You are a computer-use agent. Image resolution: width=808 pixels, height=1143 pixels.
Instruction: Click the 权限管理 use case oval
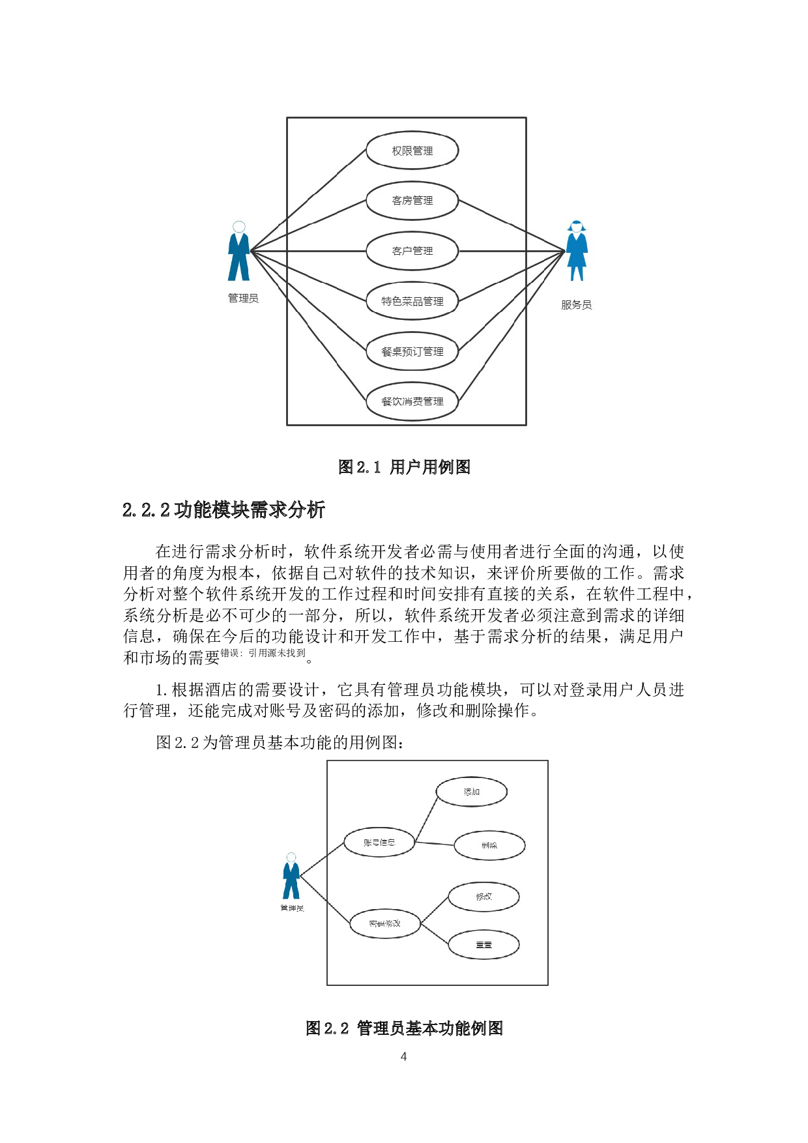point(412,151)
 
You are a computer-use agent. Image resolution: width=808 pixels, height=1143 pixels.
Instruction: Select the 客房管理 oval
point(412,201)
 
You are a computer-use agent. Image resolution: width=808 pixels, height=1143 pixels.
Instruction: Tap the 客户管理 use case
point(412,251)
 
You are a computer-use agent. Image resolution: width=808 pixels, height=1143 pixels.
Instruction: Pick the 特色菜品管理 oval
point(412,301)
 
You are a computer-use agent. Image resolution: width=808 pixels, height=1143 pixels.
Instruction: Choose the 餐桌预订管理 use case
point(412,351)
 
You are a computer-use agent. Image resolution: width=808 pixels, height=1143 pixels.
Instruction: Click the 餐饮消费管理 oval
point(412,401)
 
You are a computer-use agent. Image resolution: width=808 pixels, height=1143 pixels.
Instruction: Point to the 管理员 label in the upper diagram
point(243,298)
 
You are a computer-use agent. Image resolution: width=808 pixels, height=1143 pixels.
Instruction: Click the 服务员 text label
point(576,305)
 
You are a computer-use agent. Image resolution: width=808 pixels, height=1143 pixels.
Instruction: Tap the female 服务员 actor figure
point(577,252)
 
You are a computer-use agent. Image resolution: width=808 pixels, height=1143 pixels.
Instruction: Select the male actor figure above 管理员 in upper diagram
point(239,252)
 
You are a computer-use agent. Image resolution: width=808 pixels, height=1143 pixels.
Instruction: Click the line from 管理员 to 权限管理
point(308,201)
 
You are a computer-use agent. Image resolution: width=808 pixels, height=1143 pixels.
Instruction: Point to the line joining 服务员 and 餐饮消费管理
point(512,326)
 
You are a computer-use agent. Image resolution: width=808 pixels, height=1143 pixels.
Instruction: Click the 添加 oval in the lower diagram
point(471,792)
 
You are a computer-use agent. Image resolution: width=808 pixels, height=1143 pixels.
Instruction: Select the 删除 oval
point(489,846)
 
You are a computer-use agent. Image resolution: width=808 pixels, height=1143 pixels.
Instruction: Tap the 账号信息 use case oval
point(379,843)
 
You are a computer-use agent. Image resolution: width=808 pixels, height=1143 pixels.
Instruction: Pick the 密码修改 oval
point(384,923)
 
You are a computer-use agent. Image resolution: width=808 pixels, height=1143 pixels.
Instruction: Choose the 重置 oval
point(483,945)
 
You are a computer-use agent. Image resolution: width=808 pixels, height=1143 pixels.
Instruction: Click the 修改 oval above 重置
point(483,897)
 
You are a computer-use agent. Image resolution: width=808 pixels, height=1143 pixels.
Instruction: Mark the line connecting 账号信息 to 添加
point(426,819)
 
